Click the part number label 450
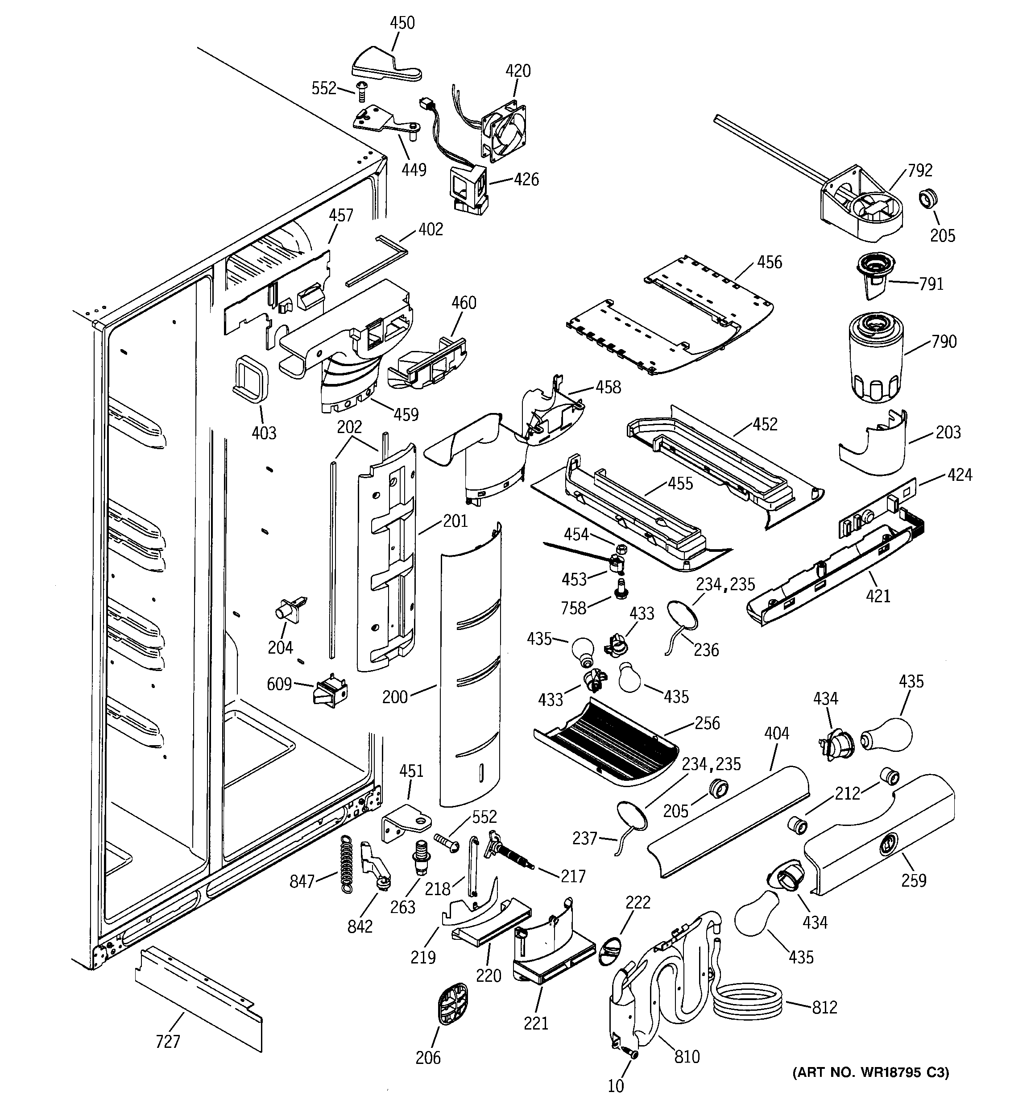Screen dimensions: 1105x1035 click(402, 23)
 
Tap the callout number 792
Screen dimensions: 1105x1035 click(920, 171)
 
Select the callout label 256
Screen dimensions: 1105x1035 click(707, 723)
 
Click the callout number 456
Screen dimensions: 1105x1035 click(770, 263)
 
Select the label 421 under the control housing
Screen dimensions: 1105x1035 click(878, 596)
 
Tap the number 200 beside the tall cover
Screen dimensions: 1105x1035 click(395, 697)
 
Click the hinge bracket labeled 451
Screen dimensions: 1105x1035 click(403, 824)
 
